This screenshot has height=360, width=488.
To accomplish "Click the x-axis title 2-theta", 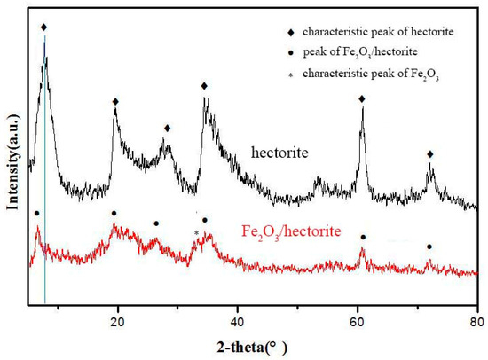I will [x=252, y=343].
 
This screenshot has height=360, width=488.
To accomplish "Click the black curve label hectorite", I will [x=279, y=153].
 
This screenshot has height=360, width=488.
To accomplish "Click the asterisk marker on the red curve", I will [x=196, y=234].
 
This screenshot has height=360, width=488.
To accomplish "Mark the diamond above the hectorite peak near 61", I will [x=362, y=99].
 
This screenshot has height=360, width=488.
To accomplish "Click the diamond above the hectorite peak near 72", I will [x=430, y=154].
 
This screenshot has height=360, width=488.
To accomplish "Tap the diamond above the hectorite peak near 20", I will [x=115, y=102].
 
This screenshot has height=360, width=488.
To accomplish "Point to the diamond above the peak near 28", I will [x=167, y=129].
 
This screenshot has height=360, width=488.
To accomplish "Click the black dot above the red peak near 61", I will [x=362, y=237].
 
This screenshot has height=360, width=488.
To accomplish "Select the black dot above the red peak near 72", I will [x=429, y=247].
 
